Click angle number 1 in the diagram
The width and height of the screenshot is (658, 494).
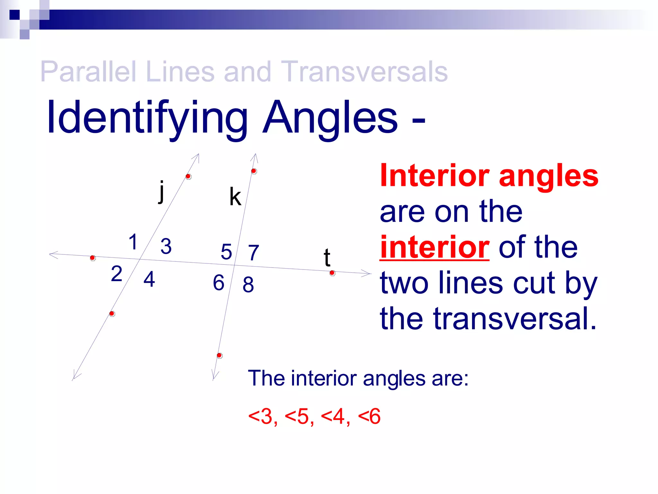133,242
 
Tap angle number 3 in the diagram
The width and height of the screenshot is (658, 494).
166,246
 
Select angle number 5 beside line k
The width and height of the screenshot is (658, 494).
226,252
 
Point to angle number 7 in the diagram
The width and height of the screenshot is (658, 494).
253,253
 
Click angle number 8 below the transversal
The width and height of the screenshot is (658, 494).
248,285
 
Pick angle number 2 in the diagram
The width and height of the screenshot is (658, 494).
116,274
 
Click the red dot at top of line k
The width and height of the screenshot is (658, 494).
253,171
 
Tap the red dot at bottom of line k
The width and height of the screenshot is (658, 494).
219,355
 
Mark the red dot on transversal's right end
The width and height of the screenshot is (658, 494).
332,273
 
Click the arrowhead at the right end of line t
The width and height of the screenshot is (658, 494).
368,273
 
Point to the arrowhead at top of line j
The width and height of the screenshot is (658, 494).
197,157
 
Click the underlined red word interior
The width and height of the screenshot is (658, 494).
434,247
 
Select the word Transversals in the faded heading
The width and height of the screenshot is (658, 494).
364,71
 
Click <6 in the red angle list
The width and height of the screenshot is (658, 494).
369,416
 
